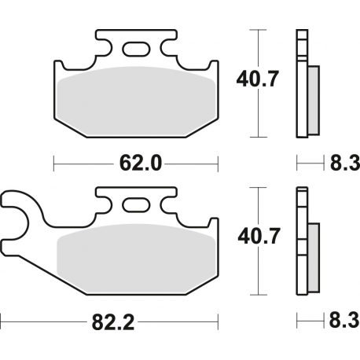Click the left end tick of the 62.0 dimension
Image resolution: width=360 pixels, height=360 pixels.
click(53, 163)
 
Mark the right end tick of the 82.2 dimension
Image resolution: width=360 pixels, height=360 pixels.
click(217, 321)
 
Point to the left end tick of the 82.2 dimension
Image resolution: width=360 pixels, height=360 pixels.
click(2, 321)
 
